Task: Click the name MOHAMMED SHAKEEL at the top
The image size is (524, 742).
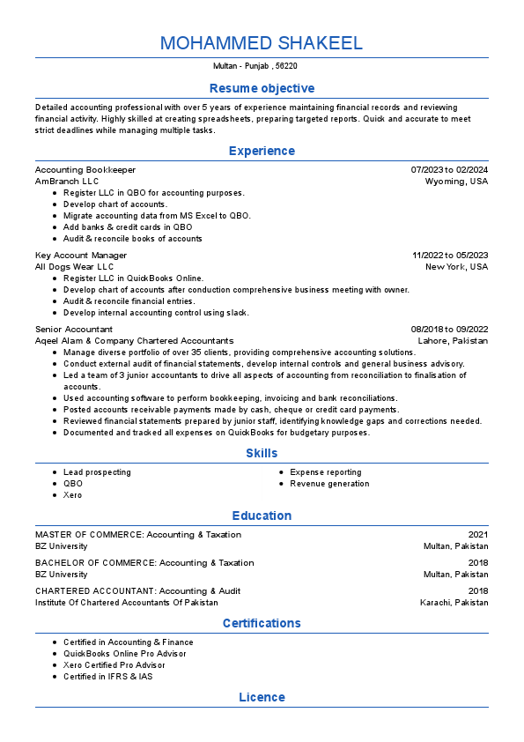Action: (262, 43)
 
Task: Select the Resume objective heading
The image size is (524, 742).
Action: (262, 88)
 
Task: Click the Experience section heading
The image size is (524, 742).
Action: (262, 151)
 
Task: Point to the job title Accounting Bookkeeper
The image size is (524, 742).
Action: (85, 169)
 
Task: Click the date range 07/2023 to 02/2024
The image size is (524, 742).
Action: (449, 169)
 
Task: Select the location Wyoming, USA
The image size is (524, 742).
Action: (456, 181)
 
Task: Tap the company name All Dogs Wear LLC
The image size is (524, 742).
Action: (74, 266)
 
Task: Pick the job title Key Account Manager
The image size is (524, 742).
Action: (81, 255)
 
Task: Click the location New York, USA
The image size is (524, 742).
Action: (456, 266)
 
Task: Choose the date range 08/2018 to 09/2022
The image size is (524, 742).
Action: (449, 329)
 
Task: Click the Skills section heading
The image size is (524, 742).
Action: (262, 453)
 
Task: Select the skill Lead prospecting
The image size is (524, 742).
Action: (97, 472)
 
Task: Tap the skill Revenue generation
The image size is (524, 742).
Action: (329, 484)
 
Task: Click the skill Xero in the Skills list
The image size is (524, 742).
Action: (72, 495)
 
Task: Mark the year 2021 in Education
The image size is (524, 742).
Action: (478, 534)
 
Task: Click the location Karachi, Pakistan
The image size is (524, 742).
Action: (454, 603)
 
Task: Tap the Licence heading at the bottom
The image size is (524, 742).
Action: (262, 697)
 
